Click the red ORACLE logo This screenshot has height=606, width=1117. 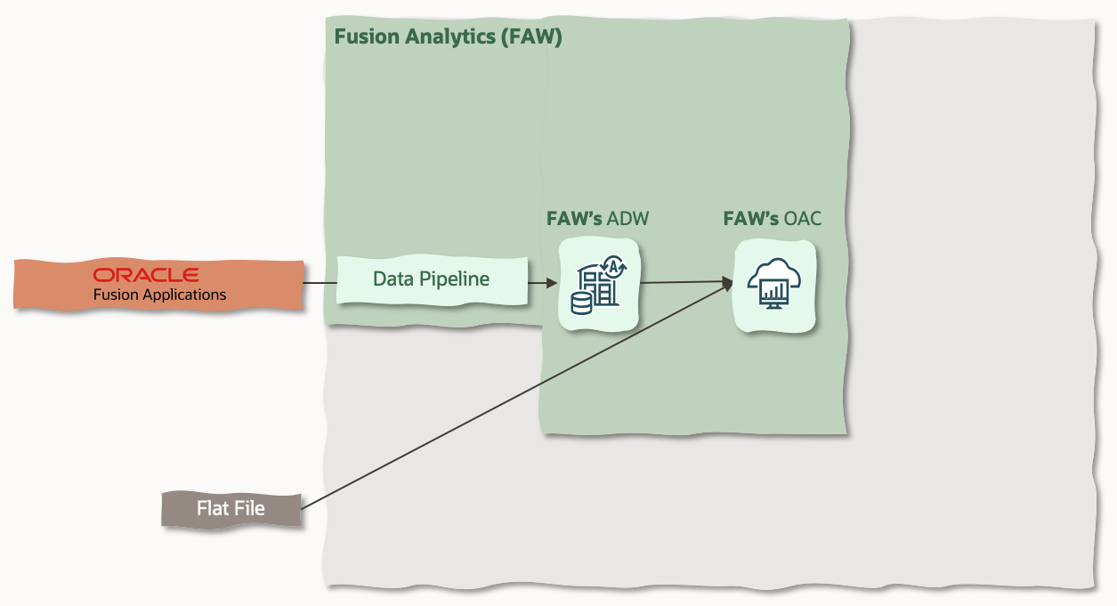146,275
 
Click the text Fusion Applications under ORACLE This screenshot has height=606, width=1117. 159,295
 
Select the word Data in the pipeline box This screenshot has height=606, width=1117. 393,279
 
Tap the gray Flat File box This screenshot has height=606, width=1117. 231,509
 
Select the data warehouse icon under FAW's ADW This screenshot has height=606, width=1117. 598,285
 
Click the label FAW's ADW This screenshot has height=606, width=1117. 597,219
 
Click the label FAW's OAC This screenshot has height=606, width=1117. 772,219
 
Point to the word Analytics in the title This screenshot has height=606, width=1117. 443,37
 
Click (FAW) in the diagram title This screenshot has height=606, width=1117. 531,37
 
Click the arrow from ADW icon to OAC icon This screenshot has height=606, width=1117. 681,283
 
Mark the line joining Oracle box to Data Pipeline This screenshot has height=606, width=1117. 319,284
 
